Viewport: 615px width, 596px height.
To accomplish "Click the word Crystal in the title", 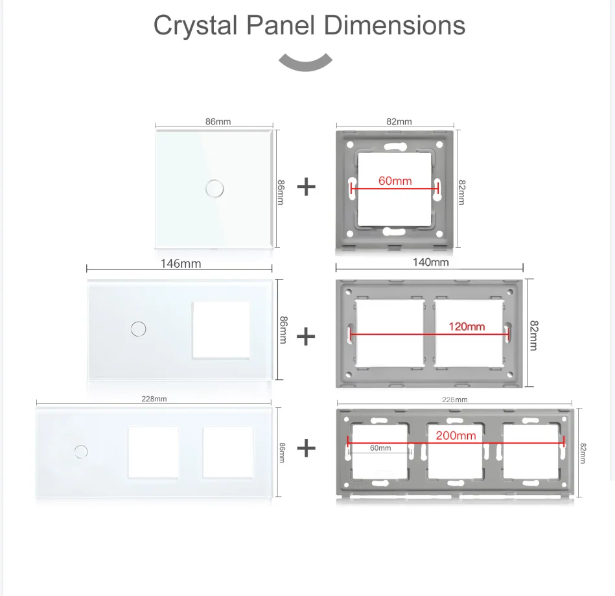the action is coord(195,26).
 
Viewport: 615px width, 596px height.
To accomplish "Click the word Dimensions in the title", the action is coord(394,25).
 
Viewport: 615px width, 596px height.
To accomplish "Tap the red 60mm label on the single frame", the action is coord(395,180).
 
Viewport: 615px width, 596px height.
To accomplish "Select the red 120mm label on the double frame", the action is coord(467,326).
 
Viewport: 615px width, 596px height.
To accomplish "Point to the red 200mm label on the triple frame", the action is coord(456,435).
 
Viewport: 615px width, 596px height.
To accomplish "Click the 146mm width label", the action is coord(181,263).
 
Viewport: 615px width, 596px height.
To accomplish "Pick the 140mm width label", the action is coord(431,262).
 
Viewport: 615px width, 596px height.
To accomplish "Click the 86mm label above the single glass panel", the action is coord(218,121).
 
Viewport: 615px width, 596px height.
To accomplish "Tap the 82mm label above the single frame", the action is coord(399,121).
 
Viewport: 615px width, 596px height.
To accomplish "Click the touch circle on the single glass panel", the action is coord(215,189).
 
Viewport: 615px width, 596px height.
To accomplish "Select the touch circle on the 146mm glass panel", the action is coord(139,329).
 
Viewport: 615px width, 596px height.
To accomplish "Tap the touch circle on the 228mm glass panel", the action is coord(81,451).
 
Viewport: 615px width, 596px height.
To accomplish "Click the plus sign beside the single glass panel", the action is coord(307,187).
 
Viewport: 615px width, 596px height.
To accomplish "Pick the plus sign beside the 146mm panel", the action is coord(306,337).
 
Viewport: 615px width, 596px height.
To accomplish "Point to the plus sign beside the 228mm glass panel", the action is coord(307,448).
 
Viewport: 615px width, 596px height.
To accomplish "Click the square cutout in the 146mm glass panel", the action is coord(221,330).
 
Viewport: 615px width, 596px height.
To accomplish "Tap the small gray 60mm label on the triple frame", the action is coord(380,447).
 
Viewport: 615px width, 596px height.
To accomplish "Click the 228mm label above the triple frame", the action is coord(454,399).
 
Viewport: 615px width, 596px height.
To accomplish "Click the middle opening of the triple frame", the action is coord(455,451).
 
